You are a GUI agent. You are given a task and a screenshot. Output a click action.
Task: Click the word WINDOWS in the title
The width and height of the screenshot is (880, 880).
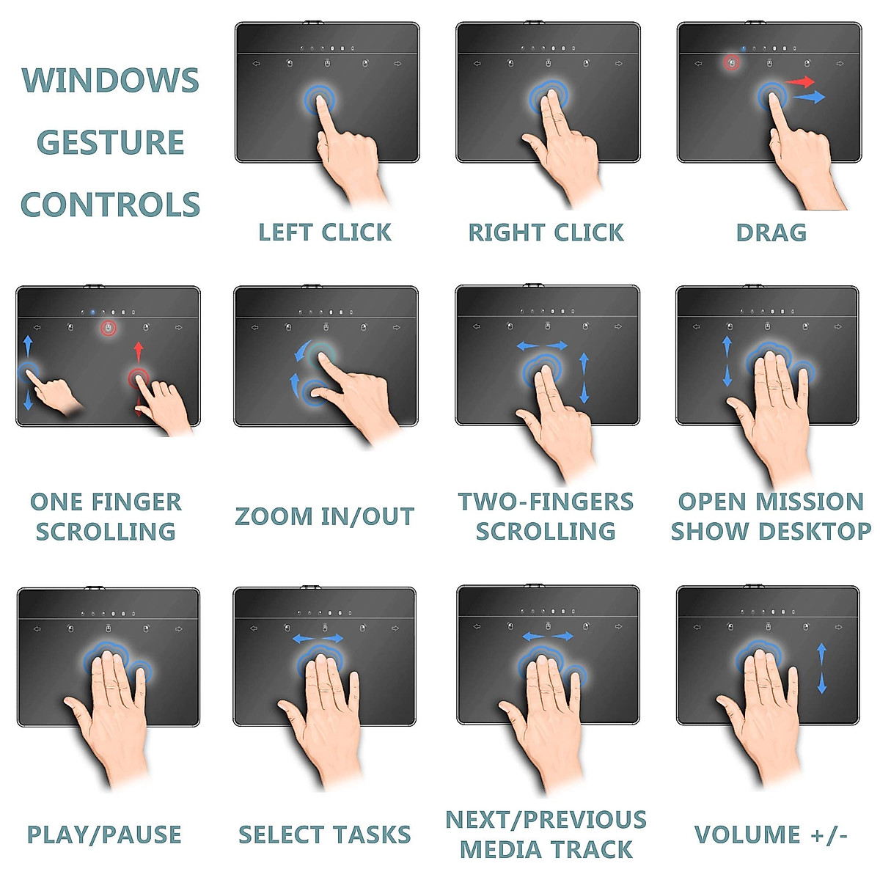111,81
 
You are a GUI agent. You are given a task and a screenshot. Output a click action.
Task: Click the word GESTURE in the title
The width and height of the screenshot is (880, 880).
111,142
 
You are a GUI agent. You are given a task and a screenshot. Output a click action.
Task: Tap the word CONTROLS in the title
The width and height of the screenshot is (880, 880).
111,205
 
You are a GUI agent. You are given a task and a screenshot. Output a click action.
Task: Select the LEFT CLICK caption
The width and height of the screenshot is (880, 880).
325,232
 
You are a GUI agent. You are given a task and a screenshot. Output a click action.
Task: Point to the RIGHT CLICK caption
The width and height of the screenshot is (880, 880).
546,232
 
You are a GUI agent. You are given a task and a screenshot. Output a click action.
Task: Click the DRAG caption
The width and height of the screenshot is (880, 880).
771,232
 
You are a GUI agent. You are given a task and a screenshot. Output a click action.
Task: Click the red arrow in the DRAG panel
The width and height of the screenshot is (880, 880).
800,81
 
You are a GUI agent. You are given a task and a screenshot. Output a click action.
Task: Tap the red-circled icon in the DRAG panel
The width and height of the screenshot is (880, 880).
731,63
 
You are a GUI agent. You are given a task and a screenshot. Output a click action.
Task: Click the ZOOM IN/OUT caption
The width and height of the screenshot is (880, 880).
325,516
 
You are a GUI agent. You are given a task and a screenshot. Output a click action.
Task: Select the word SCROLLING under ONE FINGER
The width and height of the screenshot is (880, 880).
106,532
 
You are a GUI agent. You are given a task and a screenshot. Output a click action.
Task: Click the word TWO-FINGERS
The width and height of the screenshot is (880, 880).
546,502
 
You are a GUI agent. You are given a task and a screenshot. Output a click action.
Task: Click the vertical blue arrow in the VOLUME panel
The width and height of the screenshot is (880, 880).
822,668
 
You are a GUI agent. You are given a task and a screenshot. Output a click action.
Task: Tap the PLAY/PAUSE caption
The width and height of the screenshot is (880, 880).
104,835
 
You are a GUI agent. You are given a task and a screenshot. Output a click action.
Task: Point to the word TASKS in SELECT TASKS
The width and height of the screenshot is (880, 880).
370,835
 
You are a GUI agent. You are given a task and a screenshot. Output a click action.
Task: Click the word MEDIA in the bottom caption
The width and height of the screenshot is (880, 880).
507,850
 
